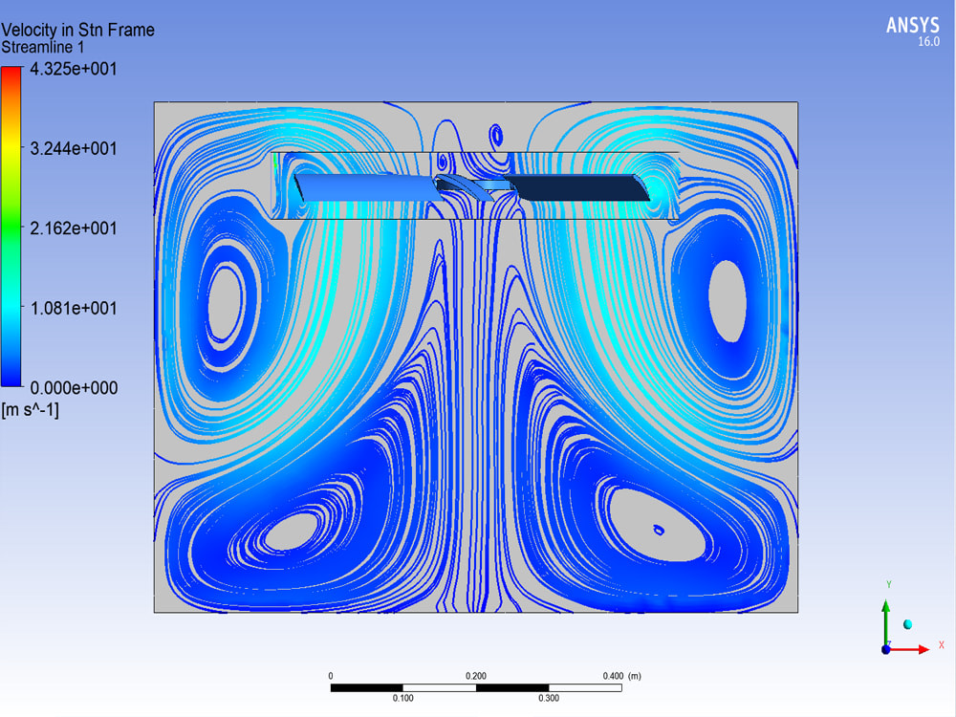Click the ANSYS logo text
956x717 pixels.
(x=912, y=26)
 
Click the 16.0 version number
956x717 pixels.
(x=928, y=42)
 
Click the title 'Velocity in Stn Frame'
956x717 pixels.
(x=78, y=30)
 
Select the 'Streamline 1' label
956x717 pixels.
(x=43, y=48)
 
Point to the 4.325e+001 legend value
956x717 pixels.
(x=74, y=69)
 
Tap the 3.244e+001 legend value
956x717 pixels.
(x=74, y=149)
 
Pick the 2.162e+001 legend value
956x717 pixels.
(x=74, y=228)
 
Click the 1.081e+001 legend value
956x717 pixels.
(x=74, y=309)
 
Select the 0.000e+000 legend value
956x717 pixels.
(x=74, y=388)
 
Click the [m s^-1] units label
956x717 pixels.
(x=31, y=410)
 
